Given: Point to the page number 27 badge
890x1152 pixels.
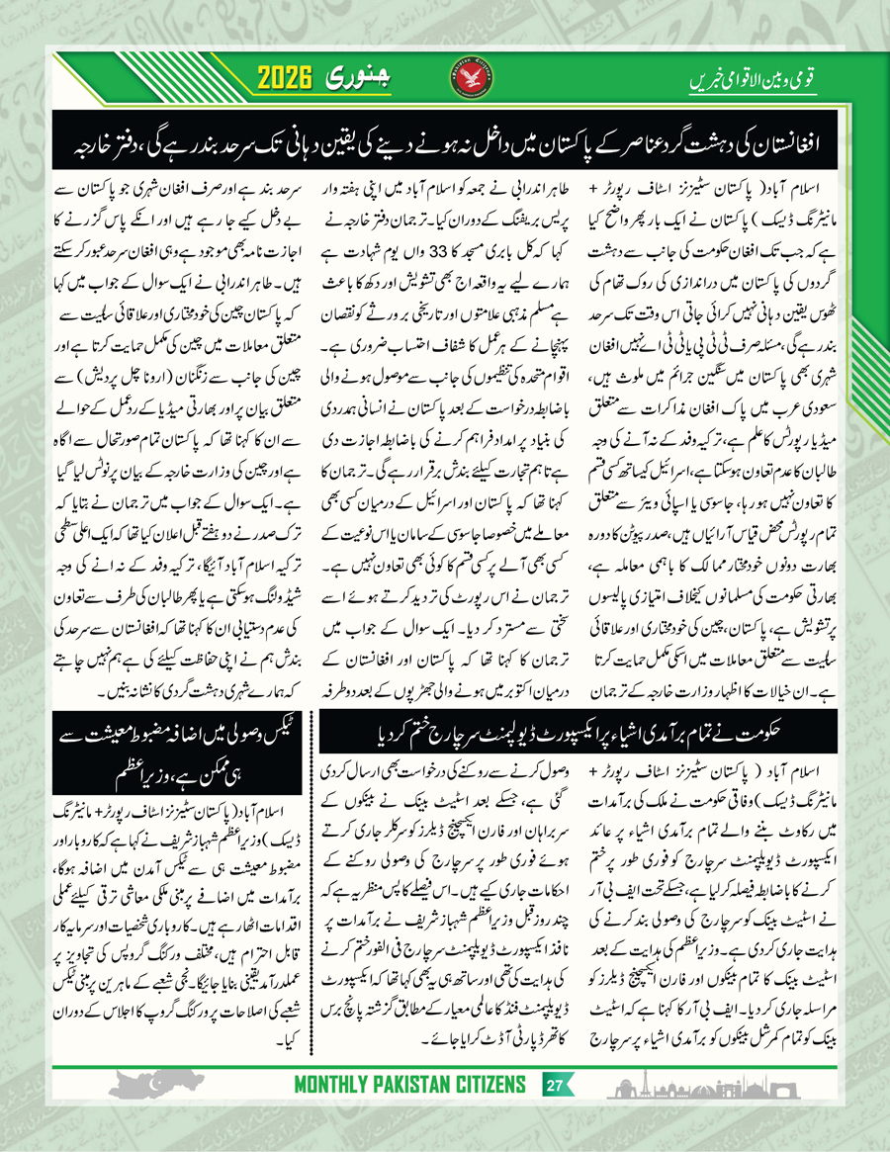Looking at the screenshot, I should coord(556,1085).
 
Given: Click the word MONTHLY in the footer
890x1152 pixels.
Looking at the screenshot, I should coord(334,1085).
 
